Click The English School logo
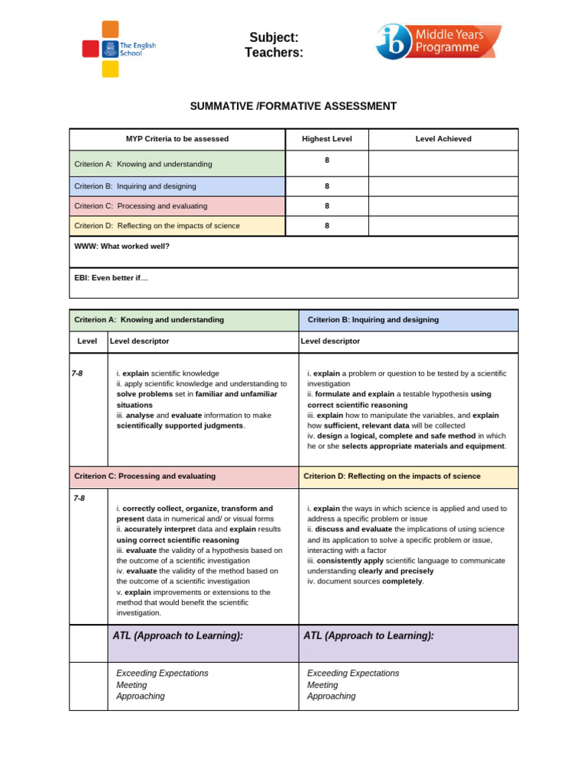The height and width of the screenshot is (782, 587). (x=118, y=49)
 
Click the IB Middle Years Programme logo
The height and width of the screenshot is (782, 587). (x=438, y=42)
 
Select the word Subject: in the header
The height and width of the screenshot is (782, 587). (x=274, y=37)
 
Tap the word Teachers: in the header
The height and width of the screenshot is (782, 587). (x=274, y=52)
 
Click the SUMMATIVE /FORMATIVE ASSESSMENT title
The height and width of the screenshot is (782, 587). (x=293, y=106)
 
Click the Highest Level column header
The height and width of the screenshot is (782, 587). (x=326, y=139)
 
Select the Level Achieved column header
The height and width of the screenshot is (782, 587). (x=443, y=139)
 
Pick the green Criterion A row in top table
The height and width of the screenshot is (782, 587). (x=177, y=163)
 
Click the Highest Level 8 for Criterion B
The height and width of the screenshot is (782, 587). (x=327, y=186)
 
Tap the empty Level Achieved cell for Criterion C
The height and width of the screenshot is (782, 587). (x=443, y=206)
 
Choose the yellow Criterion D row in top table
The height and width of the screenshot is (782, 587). (x=177, y=226)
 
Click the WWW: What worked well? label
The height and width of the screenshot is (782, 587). (x=122, y=247)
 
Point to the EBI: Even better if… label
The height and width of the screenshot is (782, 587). (x=112, y=278)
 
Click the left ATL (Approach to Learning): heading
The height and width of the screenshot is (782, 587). (x=177, y=635)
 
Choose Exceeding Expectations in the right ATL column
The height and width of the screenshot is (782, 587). (x=353, y=674)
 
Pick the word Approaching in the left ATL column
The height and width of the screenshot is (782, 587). (x=141, y=696)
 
